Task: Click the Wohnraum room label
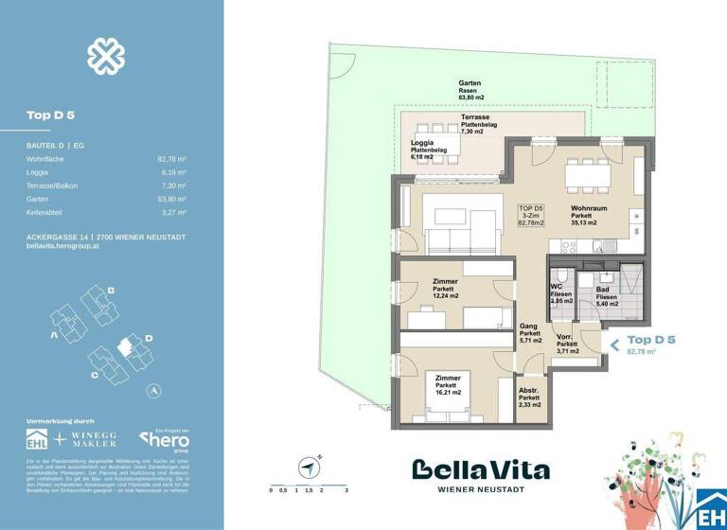click(589, 207)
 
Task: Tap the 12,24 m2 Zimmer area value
click(444, 296)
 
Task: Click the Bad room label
click(602, 288)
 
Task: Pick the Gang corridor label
click(529, 327)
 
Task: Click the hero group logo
click(165, 438)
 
